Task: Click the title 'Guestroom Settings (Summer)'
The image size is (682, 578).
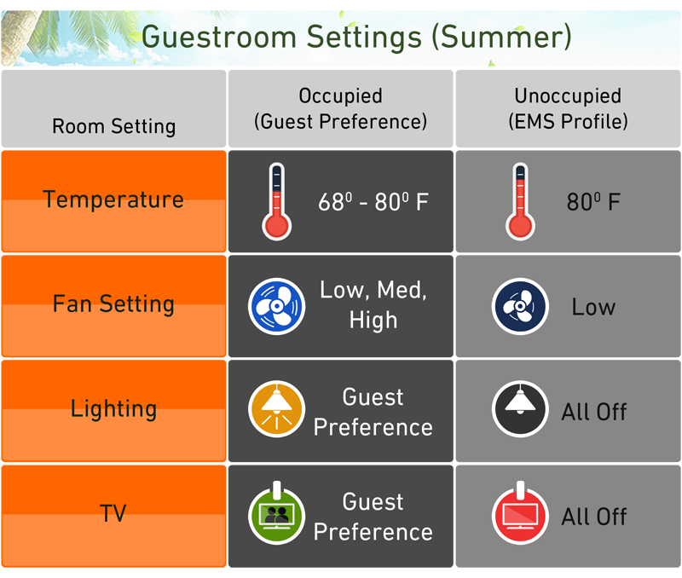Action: (x=356, y=38)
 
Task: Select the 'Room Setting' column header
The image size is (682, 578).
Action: (x=114, y=126)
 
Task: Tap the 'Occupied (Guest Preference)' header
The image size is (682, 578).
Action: (x=340, y=109)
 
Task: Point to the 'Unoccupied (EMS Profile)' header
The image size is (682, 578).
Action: (x=568, y=109)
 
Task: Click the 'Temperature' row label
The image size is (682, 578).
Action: (x=113, y=199)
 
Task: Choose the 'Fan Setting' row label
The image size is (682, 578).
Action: (x=113, y=304)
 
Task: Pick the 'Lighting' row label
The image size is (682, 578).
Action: (x=113, y=409)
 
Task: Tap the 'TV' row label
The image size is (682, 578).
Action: (x=113, y=513)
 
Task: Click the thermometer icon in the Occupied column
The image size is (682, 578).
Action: (x=276, y=201)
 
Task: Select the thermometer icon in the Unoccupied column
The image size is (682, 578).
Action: (x=520, y=201)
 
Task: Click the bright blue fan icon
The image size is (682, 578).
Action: (x=276, y=306)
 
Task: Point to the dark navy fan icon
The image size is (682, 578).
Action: (x=520, y=306)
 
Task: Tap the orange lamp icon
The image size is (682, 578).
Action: (x=276, y=409)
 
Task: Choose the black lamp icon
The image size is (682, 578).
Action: (x=520, y=409)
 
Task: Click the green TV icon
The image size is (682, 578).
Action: (x=276, y=513)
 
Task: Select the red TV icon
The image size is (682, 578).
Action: (x=520, y=513)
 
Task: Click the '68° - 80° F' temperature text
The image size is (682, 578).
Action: (x=373, y=202)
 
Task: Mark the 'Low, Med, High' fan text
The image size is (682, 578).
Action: (x=373, y=305)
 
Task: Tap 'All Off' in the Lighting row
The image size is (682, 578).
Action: (x=593, y=412)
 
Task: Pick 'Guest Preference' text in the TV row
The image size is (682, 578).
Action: (x=373, y=517)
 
